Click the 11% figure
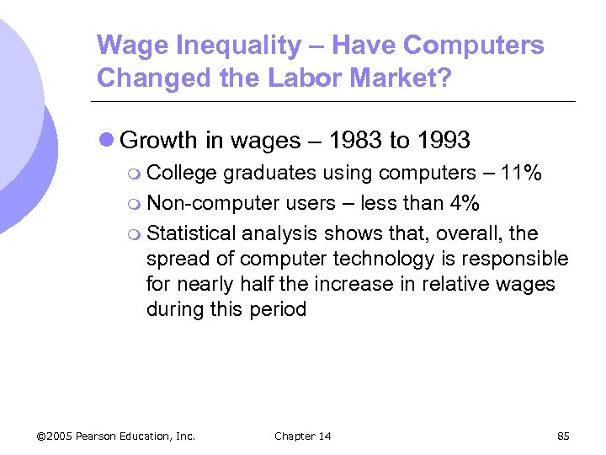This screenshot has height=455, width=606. click(x=521, y=174)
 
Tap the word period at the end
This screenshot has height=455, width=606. click(x=278, y=309)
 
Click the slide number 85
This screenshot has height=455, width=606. click(x=563, y=436)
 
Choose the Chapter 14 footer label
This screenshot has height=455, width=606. click(x=303, y=436)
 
